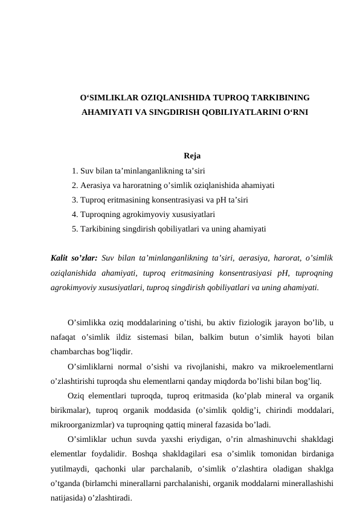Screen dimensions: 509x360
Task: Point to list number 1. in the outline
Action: pos(74,171)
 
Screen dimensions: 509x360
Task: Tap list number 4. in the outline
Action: pos(74,215)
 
